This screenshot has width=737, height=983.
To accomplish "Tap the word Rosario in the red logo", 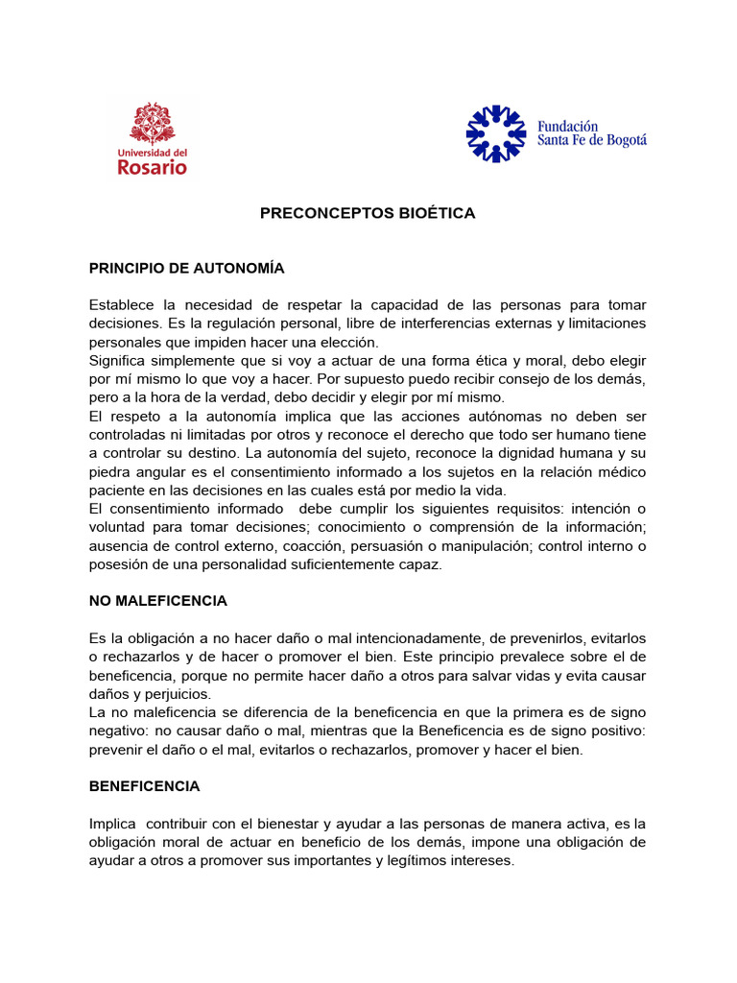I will click(153, 167).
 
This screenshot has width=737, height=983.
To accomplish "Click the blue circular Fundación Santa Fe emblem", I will click(496, 133).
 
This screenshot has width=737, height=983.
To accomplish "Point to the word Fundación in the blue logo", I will click(567, 126).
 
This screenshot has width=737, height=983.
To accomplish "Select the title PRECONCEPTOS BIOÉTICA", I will click(368, 213).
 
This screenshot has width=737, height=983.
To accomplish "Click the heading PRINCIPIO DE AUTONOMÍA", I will click(187, 268).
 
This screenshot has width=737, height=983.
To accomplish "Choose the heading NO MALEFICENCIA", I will click(158, 601).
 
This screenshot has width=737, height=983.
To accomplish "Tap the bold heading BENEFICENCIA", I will click(145, 785).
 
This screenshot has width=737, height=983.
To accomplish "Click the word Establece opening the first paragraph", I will click(126, 304).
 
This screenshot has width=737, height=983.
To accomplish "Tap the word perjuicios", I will click(177, 693).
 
